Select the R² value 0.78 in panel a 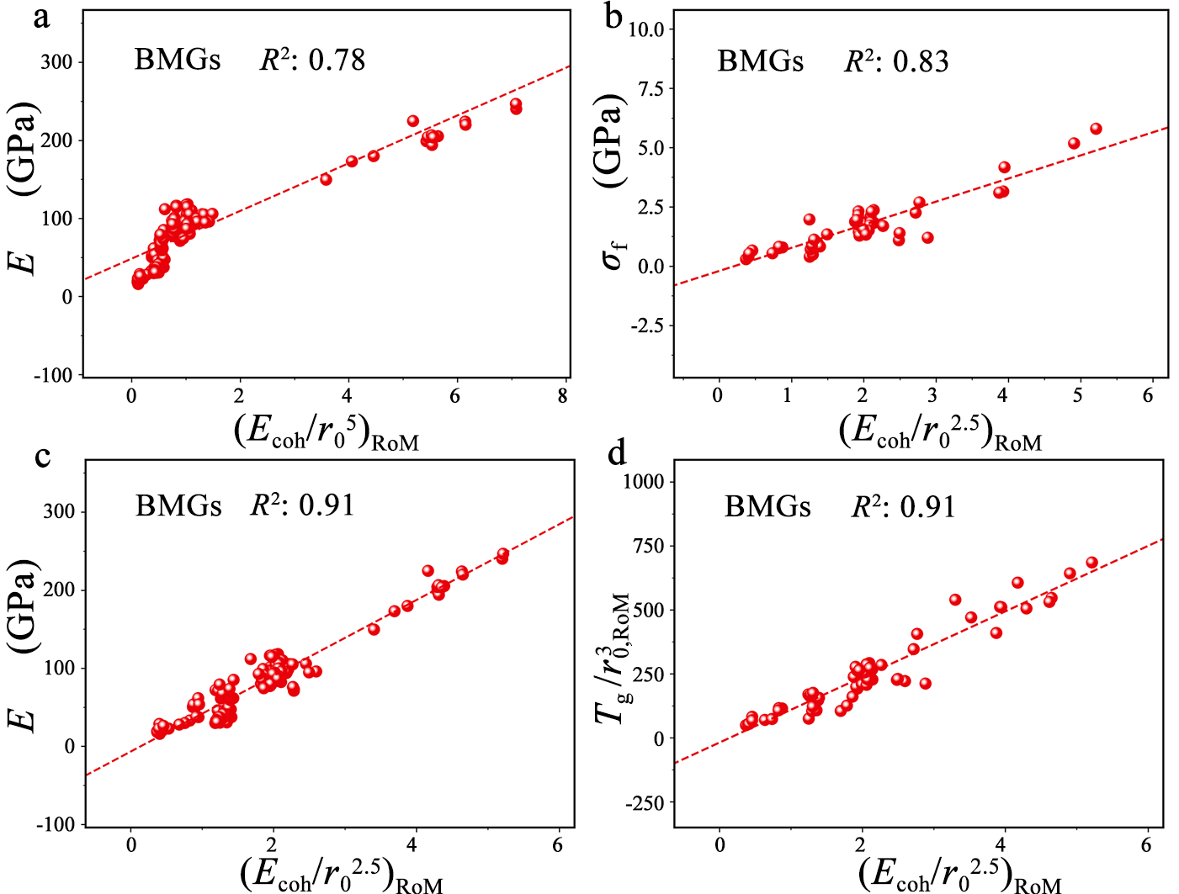click(x=337, y=60)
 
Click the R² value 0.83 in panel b click(x=921, y=61)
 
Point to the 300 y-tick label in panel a click(x=56, y=62)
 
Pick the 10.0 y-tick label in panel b click(x=645, y=29)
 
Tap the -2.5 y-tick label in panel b click(x=647, y=326)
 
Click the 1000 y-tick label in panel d click(x=644, y=481)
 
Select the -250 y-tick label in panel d click(x=644, y=803)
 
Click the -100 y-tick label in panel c click(x=55, y=825)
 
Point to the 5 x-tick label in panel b click(x=1077, y=395)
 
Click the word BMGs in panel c click(x=178, y=505)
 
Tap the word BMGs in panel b click(x=760, y=61)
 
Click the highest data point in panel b click(x=1096, y=129)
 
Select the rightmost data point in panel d click(x=1091, y=563)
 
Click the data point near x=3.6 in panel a click(x=326, y=179)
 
